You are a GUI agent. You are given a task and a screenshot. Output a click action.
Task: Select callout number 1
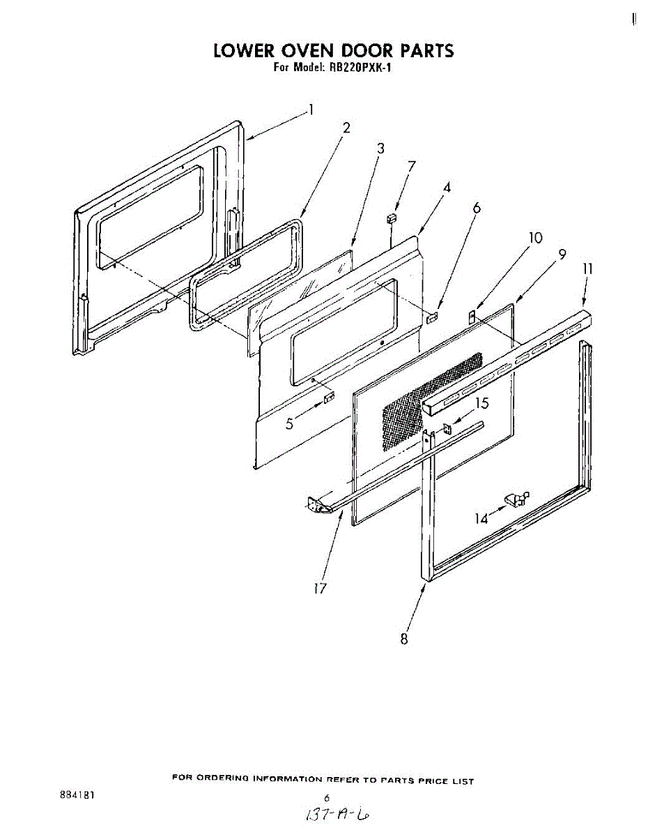(311, 110)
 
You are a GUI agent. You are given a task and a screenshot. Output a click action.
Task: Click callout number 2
(346, 128)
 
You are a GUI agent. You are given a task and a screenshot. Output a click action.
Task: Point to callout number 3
(380, 148)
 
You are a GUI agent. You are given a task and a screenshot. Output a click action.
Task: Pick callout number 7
(412, 166)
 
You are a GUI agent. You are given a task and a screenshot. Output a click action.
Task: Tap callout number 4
(447, 187)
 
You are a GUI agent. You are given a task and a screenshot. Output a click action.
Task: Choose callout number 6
(477, 208)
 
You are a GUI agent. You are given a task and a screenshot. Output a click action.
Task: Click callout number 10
(534, 238)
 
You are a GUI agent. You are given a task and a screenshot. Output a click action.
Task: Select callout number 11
(587, 269)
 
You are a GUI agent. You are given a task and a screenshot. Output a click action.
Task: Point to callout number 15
(482, 403)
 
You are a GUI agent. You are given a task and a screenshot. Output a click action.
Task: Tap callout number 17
(320, 589)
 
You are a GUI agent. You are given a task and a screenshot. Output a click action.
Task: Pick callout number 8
(404, 638)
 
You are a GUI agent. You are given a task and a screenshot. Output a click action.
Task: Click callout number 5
(290, 424)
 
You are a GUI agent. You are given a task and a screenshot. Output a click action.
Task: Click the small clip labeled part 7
(392, 218)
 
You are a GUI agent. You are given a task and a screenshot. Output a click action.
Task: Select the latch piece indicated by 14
(516, 499)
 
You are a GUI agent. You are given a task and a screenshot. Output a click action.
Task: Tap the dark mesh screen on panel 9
(430, 400)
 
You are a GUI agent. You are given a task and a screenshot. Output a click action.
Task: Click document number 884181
(78, 794)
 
